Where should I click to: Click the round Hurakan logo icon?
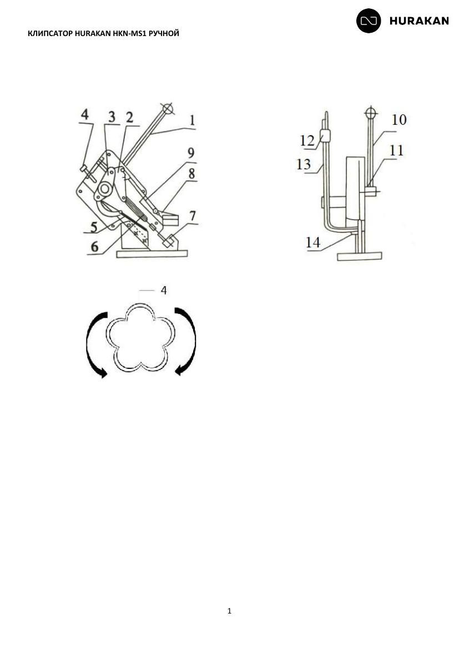pyautogui.click(x=369, y=21)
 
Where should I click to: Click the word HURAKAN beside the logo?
pyautogui.click(x=419, y=21)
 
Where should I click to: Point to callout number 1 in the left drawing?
pyautogui.click(x=192, y=121)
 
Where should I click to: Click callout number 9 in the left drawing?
pyautogui.click(x=191, y=153)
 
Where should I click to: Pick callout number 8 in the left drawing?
pyautogui.click(x=191, y=174)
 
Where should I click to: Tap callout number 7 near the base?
pyautogui.click(x=193, y=216)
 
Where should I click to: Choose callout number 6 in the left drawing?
pyautogui.click(x=95, y=247)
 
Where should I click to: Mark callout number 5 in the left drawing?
pyautogui.click(x=94, y=227)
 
